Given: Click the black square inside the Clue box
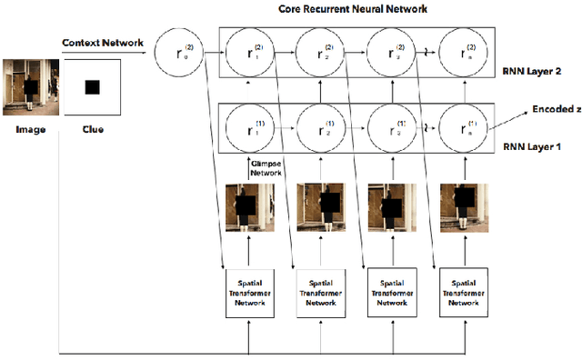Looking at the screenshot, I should coord(92,87).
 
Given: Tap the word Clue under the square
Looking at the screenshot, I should coord(91,130).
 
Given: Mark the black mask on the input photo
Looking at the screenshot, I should coord(31,88).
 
